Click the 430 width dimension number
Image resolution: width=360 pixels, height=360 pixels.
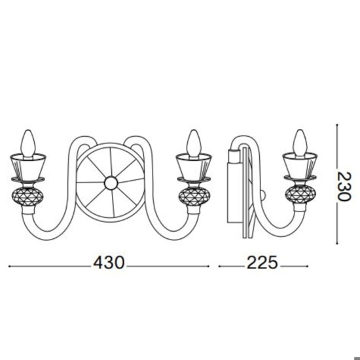(109, 263)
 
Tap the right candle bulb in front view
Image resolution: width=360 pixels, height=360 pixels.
(192, 142)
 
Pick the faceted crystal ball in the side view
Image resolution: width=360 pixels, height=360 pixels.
(300, 196)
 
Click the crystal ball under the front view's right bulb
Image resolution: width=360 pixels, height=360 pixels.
(192, 196)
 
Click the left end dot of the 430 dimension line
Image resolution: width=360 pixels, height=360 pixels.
(9, 266)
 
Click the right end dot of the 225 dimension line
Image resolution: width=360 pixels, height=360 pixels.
(306, 266)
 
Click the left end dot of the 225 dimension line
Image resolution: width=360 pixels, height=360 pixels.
(219, 266)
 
